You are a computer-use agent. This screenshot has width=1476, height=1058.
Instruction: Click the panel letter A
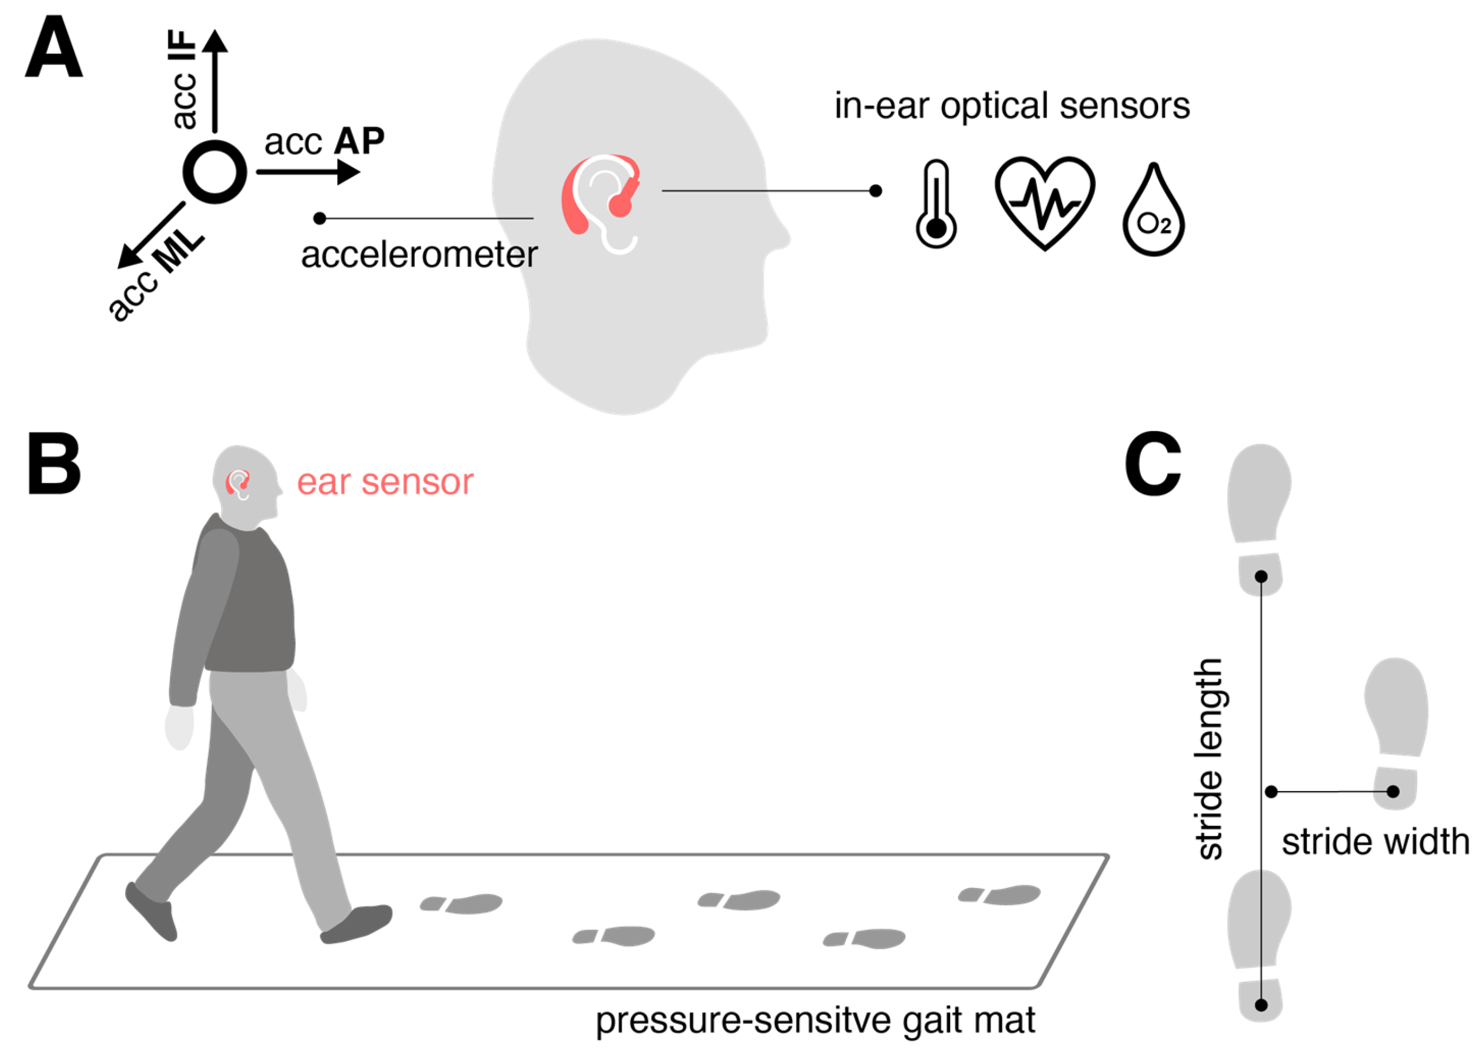point(54,47)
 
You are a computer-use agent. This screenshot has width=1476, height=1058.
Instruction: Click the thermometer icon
point(936,204)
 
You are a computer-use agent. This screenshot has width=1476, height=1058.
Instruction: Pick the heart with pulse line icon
point(1044,203)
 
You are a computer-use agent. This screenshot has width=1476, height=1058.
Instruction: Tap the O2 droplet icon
point(1153,212)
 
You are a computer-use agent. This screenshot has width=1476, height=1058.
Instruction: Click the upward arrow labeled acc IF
point(214,78)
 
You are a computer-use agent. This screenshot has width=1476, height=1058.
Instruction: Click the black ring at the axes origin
point(214,172)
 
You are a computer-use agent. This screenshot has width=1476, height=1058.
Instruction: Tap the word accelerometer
point(419,255)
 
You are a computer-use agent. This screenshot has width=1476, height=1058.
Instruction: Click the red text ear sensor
point(385,482)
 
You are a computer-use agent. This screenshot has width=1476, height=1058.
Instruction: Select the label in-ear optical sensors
point(1012,106)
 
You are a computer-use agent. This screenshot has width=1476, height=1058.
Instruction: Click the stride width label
point(1375,841)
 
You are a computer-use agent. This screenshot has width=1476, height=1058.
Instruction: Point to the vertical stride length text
point(1209,759)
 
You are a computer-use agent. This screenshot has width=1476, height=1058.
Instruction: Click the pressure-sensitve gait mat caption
point(815,1020)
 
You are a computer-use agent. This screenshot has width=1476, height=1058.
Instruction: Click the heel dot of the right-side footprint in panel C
point(1393,792)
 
